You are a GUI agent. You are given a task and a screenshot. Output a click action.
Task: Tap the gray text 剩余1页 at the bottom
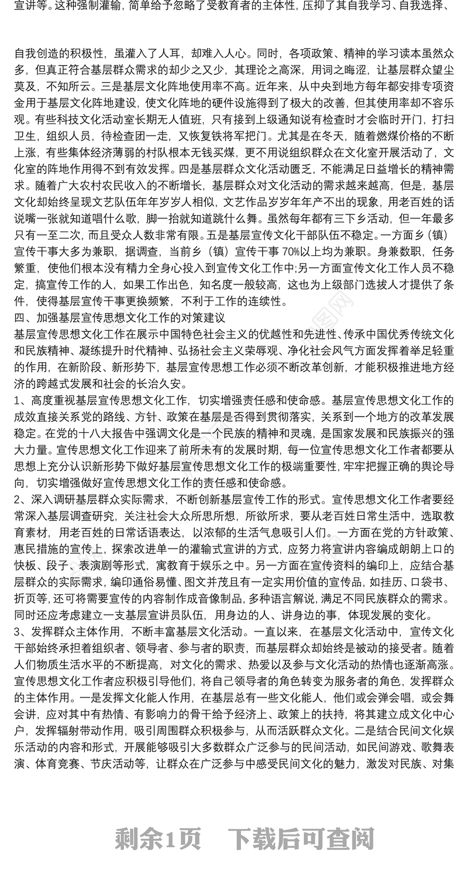click(x=159, y=840)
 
